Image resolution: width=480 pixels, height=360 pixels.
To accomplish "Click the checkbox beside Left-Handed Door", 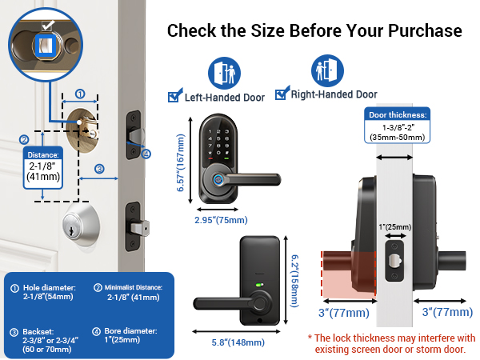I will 174,98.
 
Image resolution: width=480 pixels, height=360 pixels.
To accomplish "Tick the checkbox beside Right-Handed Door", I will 281,94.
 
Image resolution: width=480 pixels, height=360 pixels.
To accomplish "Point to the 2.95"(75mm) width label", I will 222,219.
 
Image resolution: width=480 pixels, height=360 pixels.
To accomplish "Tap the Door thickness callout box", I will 398,125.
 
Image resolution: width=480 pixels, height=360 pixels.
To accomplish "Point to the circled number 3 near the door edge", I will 99,169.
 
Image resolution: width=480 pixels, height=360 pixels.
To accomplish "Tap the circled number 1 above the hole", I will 80,94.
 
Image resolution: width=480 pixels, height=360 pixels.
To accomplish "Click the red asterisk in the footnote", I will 311,337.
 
